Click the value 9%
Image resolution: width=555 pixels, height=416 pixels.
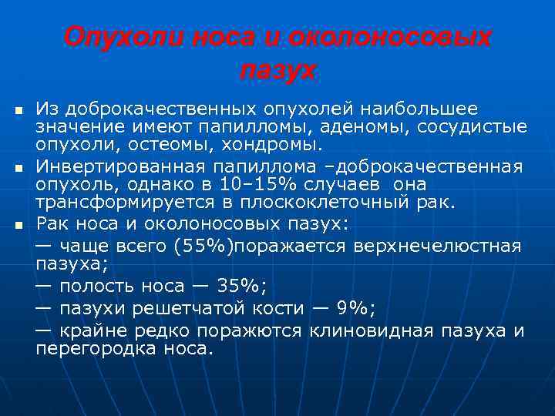pyautogui.click(x=353, y=308)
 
